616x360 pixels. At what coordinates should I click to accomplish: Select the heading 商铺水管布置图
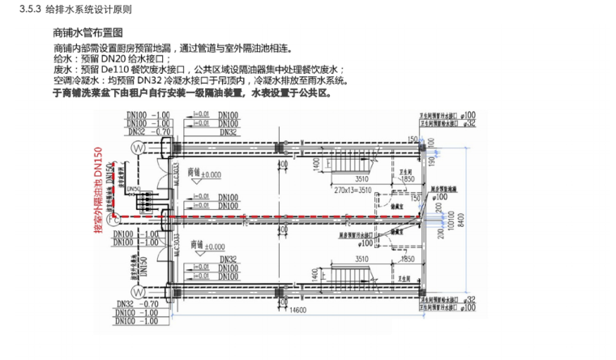pos(87,32)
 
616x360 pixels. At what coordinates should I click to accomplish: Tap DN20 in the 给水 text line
pos(111,59)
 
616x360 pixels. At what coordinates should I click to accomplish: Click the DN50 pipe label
pos(132,190)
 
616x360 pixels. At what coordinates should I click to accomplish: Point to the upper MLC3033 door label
pos(176,173)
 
